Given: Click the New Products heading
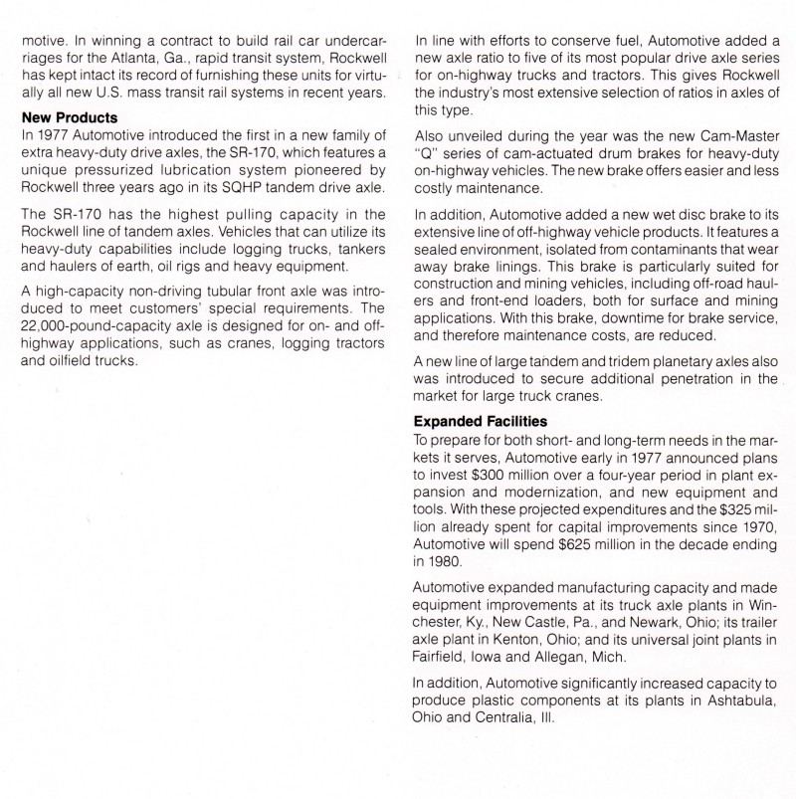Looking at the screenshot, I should [72, 116].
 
